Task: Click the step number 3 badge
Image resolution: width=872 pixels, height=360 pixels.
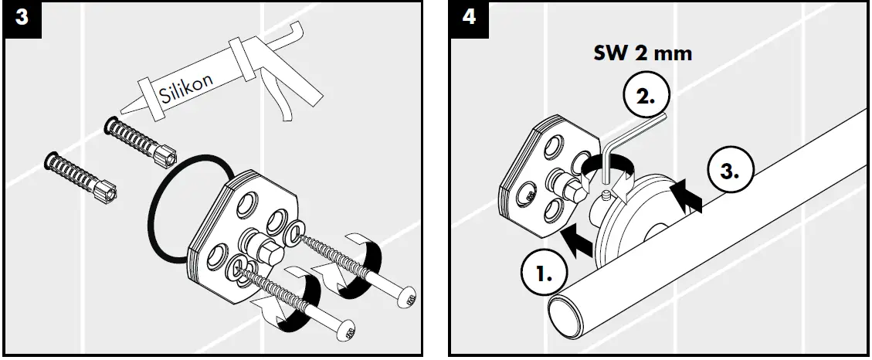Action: point(22,19)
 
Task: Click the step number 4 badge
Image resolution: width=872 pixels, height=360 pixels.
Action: point(468,19)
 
